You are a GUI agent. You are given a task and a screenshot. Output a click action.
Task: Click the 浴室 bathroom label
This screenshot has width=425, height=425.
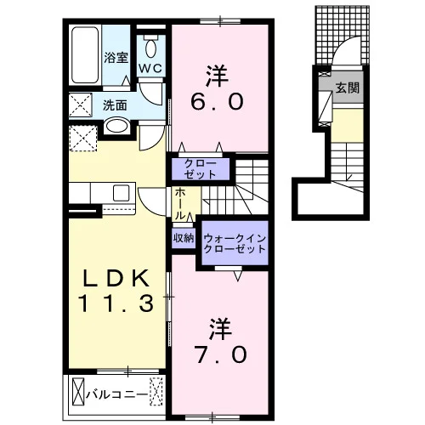(116, 58)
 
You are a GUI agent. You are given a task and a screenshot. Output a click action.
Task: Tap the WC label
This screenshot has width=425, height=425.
(150, 68)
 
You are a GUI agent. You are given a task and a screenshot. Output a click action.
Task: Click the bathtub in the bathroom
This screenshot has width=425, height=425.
(85, 55)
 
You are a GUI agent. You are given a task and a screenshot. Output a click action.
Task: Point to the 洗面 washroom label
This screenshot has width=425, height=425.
(115, 105)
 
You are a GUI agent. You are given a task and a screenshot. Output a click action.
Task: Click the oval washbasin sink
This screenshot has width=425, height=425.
(116, 126)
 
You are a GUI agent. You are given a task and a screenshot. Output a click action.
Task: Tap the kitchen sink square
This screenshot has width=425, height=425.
(121, 193)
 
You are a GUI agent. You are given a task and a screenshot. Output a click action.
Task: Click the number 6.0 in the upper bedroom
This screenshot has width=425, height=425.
(217, 102)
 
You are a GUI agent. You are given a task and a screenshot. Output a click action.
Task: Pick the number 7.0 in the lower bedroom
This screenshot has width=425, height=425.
(221, 355)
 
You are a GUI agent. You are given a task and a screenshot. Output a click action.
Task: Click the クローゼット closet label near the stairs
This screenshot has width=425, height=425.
(201, 169)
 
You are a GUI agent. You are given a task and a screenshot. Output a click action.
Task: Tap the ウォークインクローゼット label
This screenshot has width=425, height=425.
(235, 243)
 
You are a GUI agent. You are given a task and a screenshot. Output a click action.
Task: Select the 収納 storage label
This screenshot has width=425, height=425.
(184, 239)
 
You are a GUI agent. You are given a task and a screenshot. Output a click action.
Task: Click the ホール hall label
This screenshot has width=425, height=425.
(180, 204)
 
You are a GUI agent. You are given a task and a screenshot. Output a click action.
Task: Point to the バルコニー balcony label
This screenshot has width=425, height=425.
(117, 394)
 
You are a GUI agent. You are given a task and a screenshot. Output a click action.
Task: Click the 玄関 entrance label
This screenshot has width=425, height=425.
(348, 88)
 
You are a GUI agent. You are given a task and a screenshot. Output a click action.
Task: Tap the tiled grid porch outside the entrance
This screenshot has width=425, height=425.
(343, 35)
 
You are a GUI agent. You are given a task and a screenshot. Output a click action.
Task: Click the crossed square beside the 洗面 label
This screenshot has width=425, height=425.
(81, 105)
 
